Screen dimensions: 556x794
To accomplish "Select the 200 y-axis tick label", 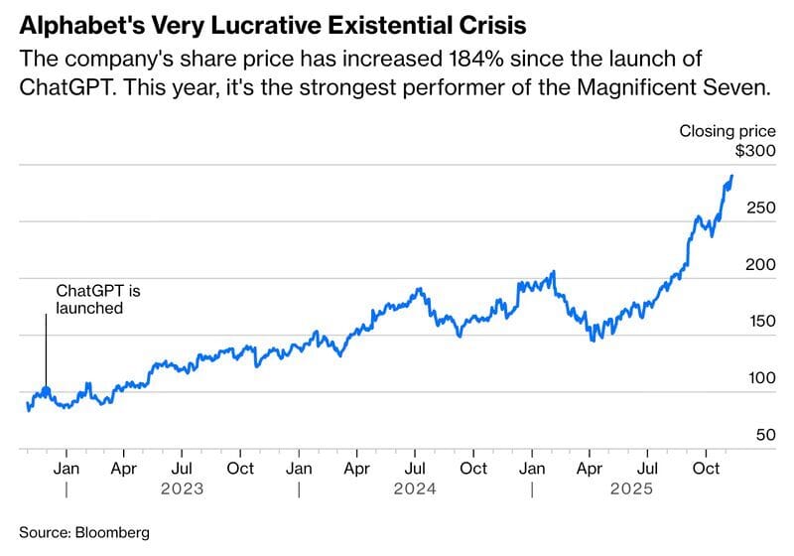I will point(758,265).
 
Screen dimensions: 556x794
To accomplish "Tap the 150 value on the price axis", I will point(758,322).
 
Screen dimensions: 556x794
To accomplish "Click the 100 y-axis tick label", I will point(758,378).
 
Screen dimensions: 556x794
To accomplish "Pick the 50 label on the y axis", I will point(762,435).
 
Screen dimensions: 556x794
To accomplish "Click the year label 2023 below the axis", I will point(184,488).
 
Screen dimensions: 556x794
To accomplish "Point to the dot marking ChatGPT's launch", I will point(46,390).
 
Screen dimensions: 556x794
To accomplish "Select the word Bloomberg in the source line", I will point(111,532).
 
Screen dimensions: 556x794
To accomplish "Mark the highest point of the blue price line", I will point(731,176).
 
